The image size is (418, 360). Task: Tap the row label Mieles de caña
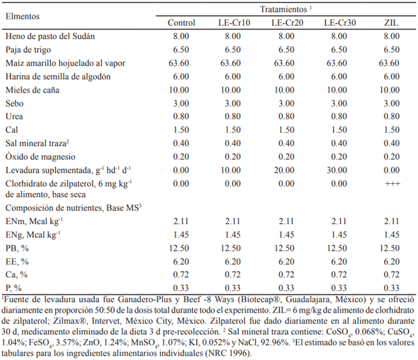31,91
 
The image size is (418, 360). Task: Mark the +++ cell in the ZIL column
392,184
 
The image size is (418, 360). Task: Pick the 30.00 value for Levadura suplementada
339,170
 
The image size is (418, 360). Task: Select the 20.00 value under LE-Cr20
286,170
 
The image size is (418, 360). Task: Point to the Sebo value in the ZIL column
392,103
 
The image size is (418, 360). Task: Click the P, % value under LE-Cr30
339,288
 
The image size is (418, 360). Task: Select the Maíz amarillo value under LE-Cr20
286,63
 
